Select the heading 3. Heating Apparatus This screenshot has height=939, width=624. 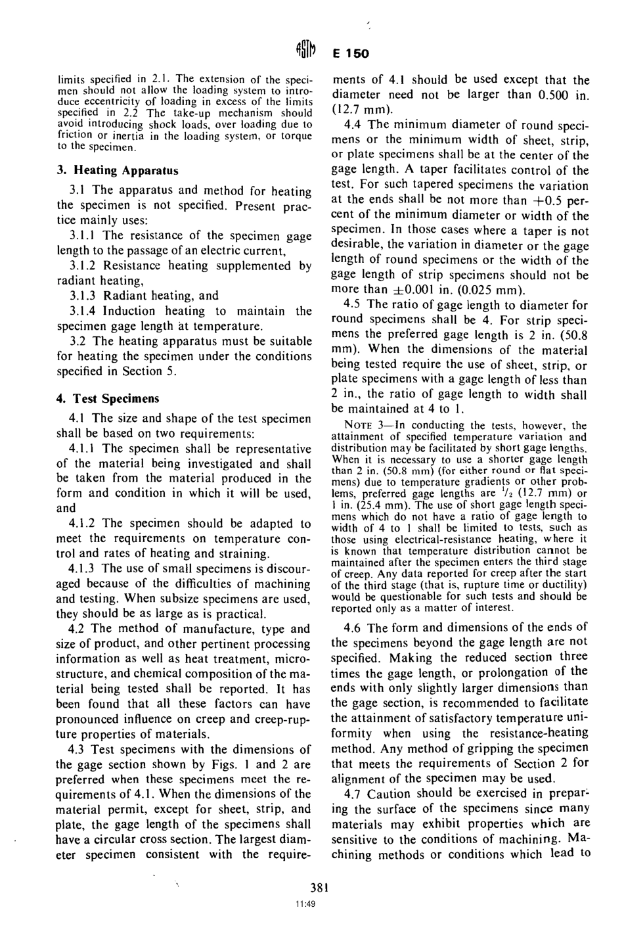tap(117, 170)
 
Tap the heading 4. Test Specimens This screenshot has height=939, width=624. tap(107, 399)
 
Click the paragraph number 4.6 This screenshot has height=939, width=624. tap(352, 626)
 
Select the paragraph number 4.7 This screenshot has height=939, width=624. tap(352, 793)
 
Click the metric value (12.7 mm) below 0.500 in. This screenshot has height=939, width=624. tap(363, 109)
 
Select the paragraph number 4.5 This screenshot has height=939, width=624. tap(352, 305)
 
